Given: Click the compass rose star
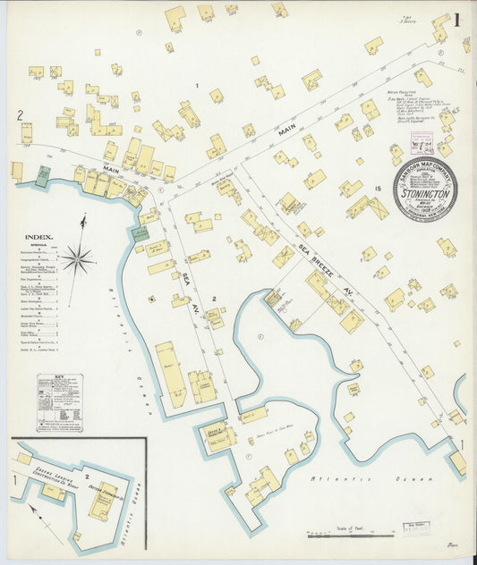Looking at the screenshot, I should (x=78, y=260).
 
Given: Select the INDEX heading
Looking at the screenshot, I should (x=39, y=238).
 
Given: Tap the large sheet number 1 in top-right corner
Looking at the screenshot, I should (x=456, y=20).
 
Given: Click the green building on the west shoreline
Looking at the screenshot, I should (x=42, y=175).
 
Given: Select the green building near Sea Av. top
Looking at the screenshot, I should (x=139, y=233).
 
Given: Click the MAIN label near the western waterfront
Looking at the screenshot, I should (x=111, y=168).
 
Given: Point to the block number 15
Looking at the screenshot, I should (x=378, y=188).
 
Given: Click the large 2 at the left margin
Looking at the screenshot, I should (x=19, y=114).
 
